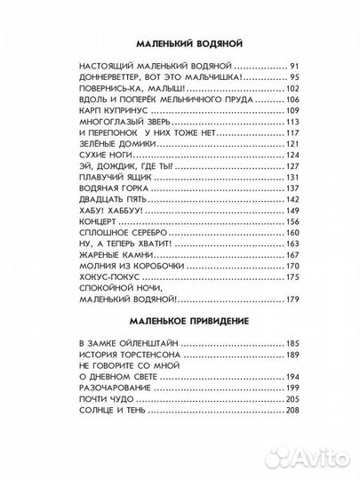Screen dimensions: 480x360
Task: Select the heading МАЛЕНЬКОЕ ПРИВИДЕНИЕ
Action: coord(180,317)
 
